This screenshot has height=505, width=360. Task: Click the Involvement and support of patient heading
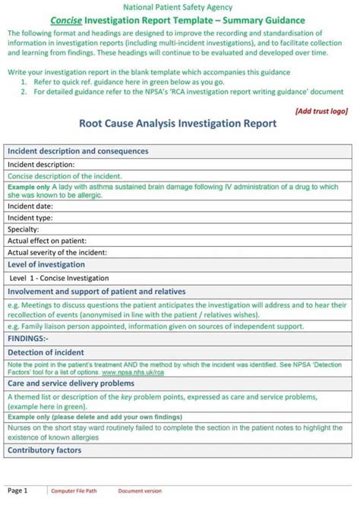(96, 291)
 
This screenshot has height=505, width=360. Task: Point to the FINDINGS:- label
(27, 338)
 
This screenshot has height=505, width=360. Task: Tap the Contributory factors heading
(43, 451)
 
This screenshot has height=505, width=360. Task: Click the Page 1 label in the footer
(17, 491)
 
